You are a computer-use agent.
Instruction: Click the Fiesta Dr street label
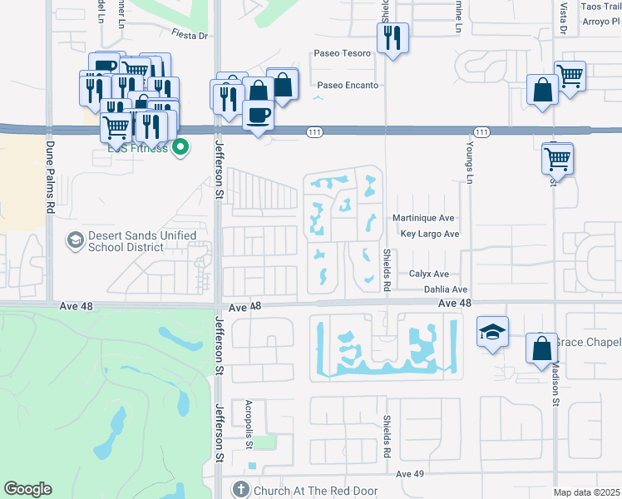coord(188,35)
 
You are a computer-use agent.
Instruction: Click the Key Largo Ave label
coord(429,235)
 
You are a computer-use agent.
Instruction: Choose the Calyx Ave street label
coord(429,274)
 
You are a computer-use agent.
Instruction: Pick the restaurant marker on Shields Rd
coord(391,38)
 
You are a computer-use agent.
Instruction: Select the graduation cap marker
coord(491,333)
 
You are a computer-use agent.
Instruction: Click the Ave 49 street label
coord(410,474)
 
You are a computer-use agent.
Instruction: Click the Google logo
coord(27,489)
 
